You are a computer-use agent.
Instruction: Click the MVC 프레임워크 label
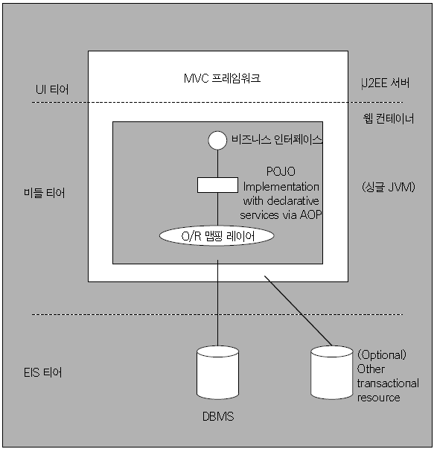223,78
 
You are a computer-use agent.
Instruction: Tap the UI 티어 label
52,89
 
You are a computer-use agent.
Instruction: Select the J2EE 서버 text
385,83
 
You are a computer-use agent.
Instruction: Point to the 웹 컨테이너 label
389,118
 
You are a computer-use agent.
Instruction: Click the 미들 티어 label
45,193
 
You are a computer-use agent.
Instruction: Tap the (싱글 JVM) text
389,187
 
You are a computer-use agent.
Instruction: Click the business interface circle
217,140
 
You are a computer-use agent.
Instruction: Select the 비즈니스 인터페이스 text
277,140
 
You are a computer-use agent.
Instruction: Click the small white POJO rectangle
217,185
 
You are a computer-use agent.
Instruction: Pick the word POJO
281,171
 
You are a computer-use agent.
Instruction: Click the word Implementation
281,187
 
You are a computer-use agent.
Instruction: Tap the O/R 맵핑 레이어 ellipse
217,235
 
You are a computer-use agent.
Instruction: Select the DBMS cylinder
217,372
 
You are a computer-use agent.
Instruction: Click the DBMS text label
218,416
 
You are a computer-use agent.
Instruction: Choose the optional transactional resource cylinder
331,372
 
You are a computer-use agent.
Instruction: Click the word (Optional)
382,354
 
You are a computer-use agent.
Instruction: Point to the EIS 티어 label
42,372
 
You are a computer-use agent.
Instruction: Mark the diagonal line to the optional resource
298,311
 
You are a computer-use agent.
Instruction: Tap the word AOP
310,214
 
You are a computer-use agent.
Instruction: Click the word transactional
388,383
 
